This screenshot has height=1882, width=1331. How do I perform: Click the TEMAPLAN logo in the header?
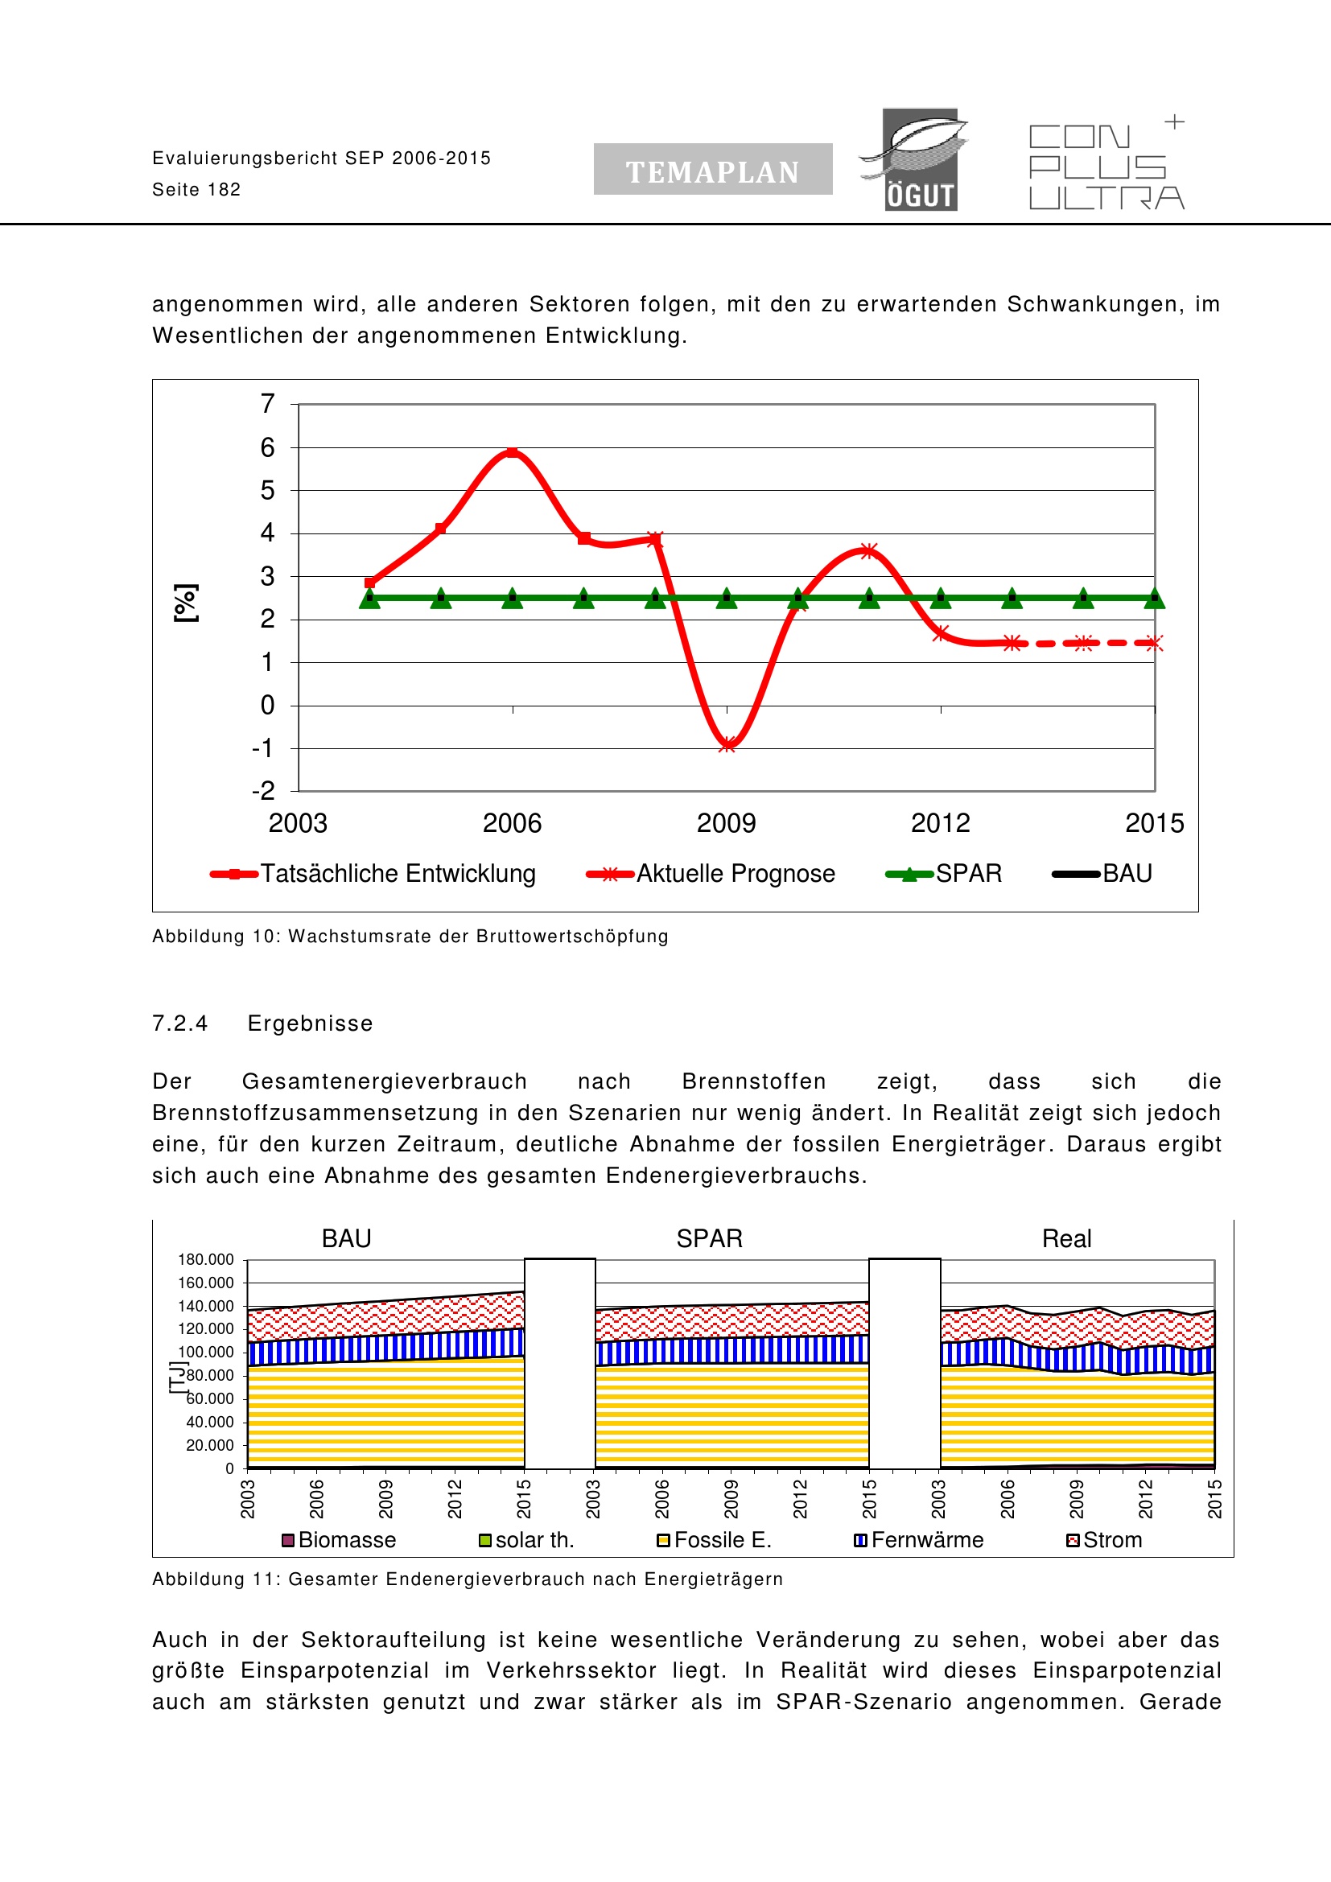(x=712, y=170)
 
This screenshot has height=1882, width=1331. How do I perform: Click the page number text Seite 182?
(x=196, y=189)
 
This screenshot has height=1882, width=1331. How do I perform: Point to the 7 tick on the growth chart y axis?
(x=267, y=403)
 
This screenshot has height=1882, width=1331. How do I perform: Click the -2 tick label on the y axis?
(x=263, y=791)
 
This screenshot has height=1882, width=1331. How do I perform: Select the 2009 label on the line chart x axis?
(x=726, y=823)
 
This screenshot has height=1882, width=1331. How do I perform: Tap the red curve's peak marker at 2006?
(x=513, y=452)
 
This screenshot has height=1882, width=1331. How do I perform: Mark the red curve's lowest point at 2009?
(x=727, y=744)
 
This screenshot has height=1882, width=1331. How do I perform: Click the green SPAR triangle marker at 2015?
(x=1154, y=599)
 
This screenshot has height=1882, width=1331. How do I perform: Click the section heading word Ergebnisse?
(x=310, y=1023)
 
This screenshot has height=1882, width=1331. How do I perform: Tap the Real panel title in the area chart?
(x=1066, y=1238)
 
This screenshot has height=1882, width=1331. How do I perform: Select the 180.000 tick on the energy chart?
(x=206, y=1259)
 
